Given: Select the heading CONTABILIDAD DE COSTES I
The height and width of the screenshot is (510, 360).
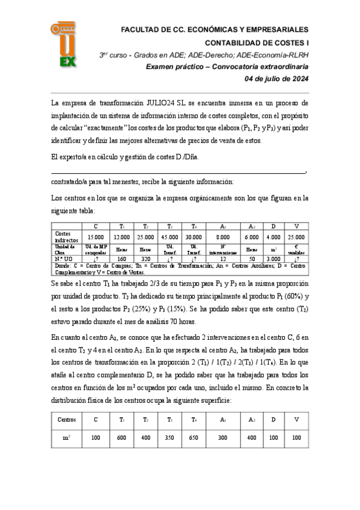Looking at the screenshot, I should point(257,43).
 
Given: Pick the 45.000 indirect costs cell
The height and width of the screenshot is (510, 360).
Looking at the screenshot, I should point(170,237).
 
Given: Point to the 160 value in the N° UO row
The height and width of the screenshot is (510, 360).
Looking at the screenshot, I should point(121,258).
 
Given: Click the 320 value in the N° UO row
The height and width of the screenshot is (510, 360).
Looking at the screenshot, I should point(145,258).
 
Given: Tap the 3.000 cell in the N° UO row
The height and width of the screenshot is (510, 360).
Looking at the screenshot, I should point(273,258).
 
